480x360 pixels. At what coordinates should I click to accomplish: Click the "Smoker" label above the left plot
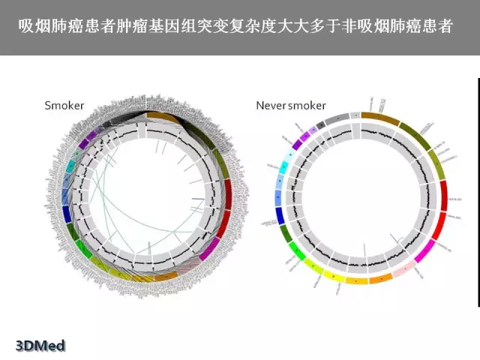(64, 106)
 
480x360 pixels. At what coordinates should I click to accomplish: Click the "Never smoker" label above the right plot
(287, 106)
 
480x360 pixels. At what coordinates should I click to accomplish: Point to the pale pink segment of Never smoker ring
(404, 268)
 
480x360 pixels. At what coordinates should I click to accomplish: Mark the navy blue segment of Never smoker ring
(280, 215)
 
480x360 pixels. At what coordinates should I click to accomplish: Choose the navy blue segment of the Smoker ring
(68, 214)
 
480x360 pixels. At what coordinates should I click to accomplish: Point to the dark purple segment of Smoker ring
(92, 136)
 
